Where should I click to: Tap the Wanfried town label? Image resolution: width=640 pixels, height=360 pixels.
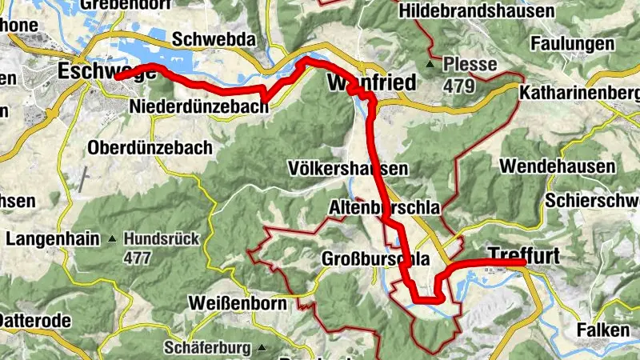[x=371, y=82]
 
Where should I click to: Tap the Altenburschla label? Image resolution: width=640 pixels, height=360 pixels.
[x=385, y=207]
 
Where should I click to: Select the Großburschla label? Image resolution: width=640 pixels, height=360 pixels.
[x=375, y=258]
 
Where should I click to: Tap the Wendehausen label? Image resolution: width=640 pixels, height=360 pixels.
[x=558, y=166]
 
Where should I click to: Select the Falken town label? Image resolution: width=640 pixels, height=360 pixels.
[x=600, y=329]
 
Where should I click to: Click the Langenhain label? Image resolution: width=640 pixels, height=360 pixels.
[x=52, y=238]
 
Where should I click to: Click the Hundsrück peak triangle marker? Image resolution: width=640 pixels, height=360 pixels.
[x=113, y=238]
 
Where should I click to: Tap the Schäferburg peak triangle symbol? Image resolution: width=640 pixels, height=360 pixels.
[x=261, y=348]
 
